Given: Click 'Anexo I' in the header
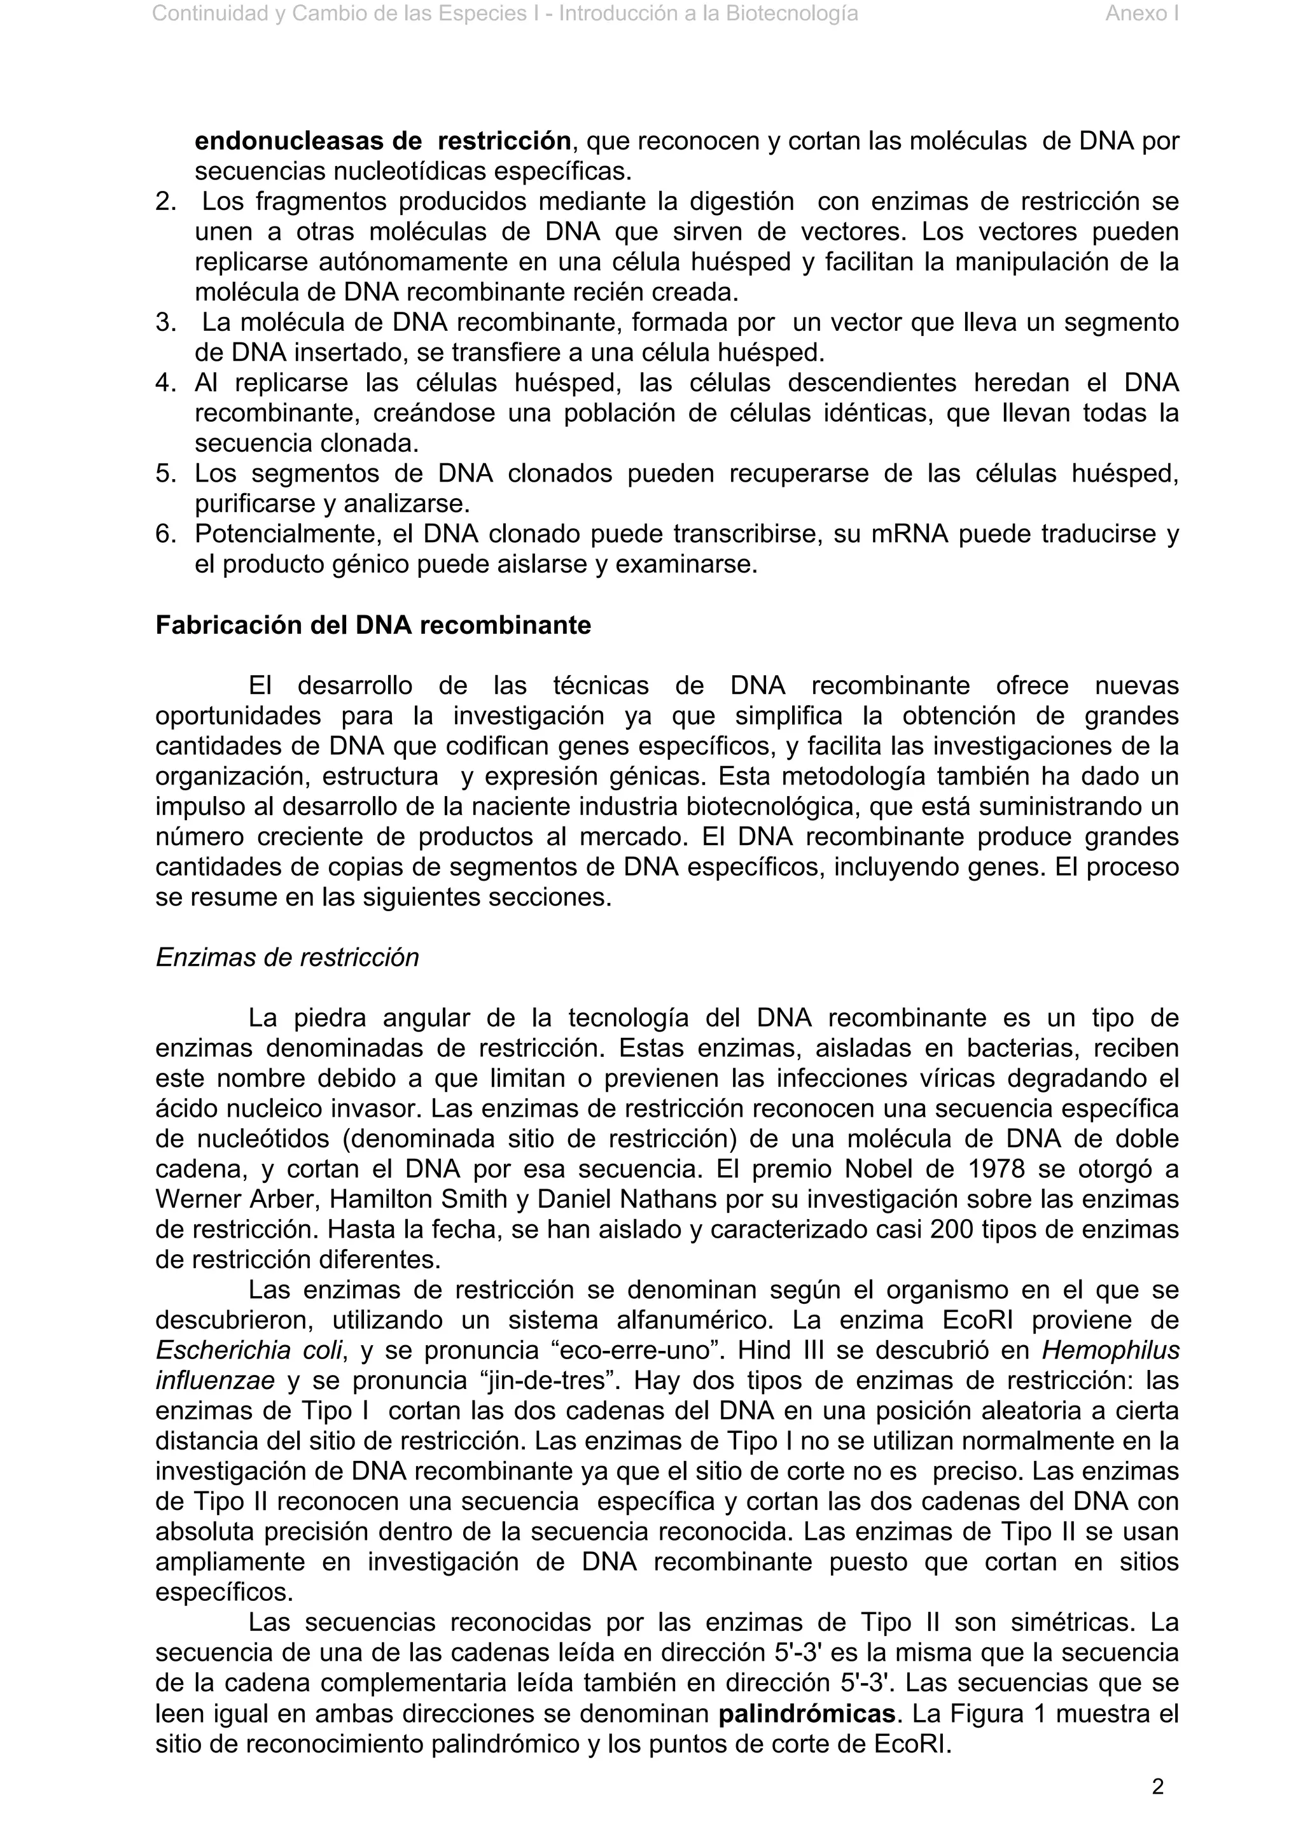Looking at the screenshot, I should click(1141, 13).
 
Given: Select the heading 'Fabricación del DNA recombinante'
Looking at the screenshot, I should click(373, 625).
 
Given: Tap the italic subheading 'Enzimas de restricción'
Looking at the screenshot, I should click(286, 958).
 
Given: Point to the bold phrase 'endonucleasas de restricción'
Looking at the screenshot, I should click(382, 141).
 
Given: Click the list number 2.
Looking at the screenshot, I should click(165, 202).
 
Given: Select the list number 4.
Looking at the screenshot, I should click(165, 383).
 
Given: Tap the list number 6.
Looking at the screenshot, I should click(165, 534).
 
